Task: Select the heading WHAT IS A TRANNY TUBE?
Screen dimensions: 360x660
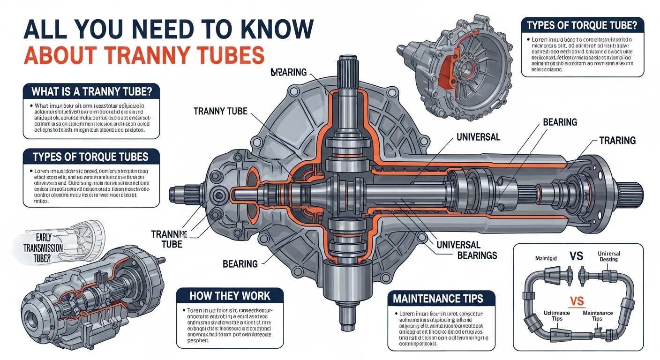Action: (x=92, y=90)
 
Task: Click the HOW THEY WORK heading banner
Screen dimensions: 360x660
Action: (x=230, y=296)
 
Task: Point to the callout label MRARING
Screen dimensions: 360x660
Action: (x=288, y=72)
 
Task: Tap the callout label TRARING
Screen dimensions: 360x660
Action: (x=617, y=140)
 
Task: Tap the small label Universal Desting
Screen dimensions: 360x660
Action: (x=608, y=256)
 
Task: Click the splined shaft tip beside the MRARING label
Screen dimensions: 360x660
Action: (x=346, y=70)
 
